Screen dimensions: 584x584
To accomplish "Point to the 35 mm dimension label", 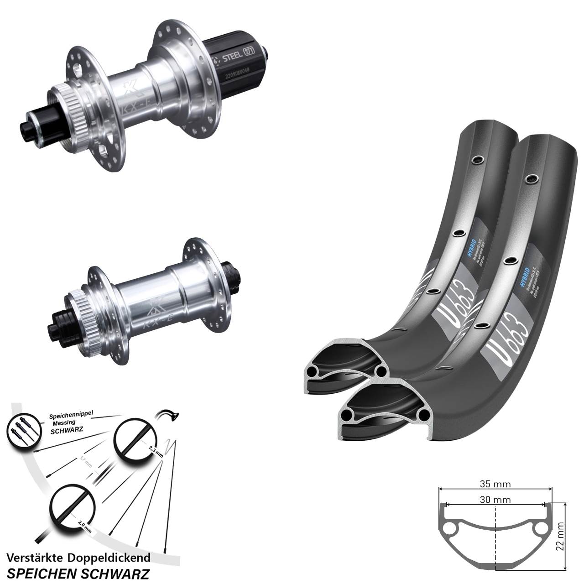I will tap(495, 484).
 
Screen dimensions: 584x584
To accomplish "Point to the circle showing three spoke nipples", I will tap(21, 432).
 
